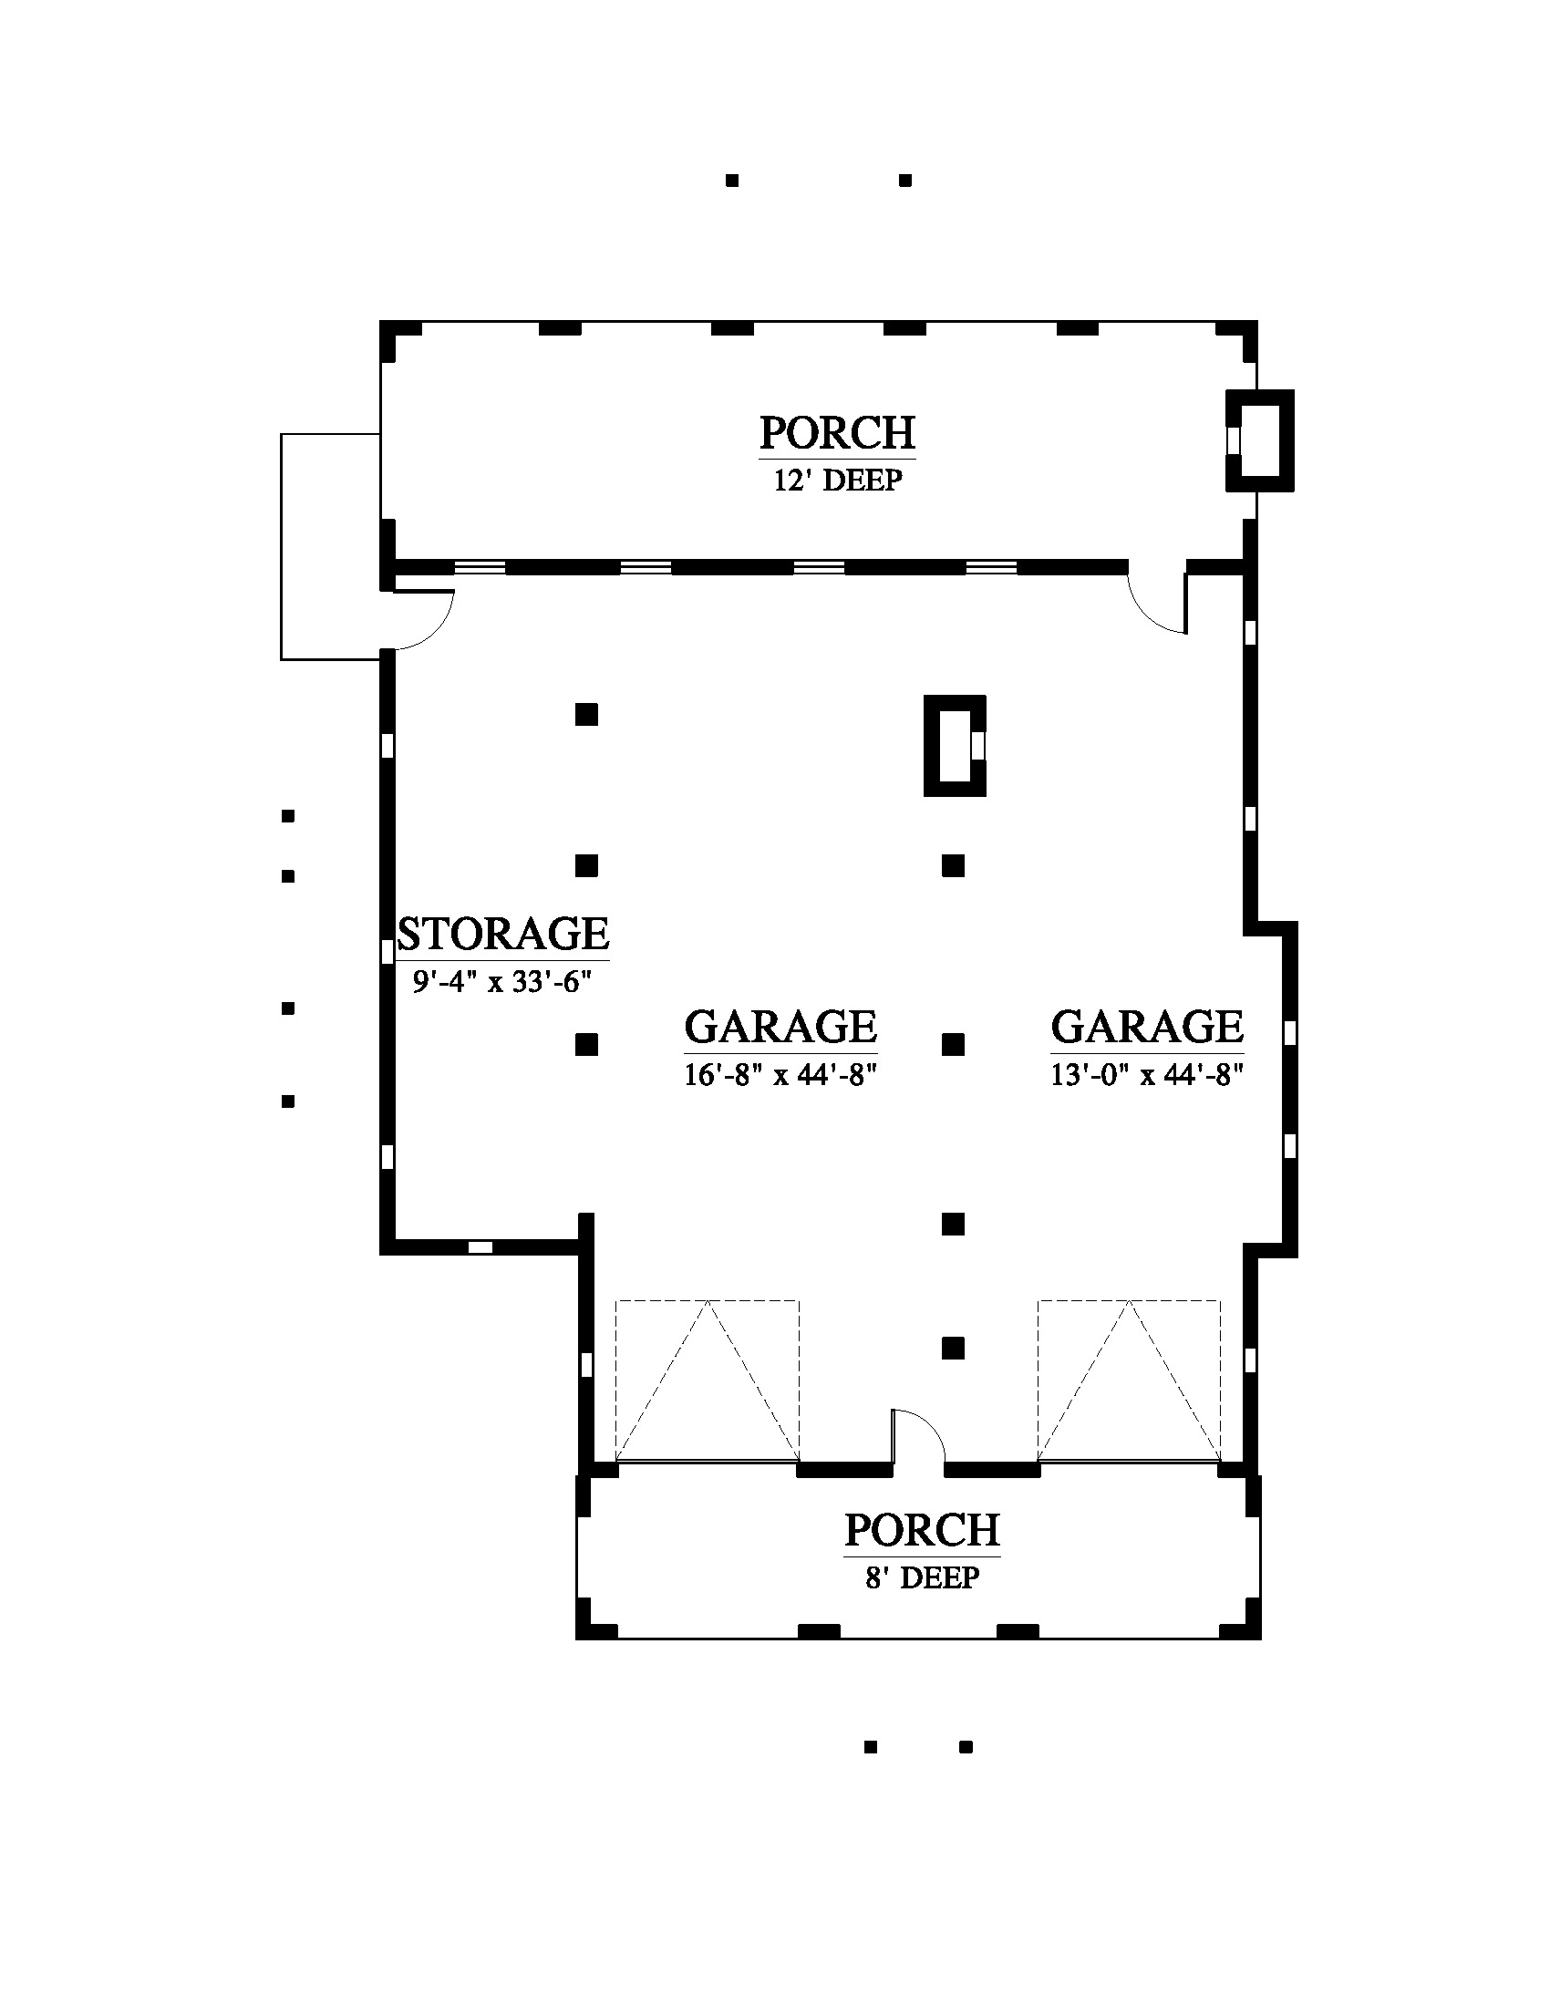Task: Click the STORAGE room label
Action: pos(503,933)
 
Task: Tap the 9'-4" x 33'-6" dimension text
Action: pos(501,981)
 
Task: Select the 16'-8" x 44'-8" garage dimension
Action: pos(780,1074)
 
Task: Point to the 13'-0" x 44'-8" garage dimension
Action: pos(1147,1074)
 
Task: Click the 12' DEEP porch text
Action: pos(837,480)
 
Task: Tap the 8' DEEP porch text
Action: pos(922,1578)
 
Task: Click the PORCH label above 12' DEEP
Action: pos(837,432)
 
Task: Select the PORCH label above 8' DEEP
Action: pos(922,1530)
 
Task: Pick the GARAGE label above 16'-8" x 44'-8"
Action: pos(780,1026)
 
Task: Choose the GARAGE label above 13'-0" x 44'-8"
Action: pos(1147,1026)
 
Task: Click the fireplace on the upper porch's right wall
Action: pos(1260,441)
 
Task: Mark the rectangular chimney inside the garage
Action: pos(955,746)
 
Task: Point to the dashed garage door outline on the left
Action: pos(707,1380)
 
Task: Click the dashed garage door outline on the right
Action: pos(1130,1380)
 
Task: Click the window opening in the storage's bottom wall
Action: pos(480,1247)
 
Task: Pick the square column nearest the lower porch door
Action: pos(953,1349)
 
